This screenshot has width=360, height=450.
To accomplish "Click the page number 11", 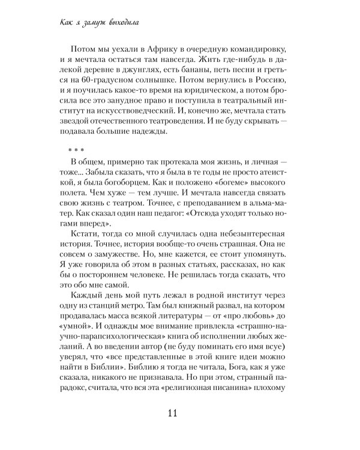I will pos(179,416).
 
